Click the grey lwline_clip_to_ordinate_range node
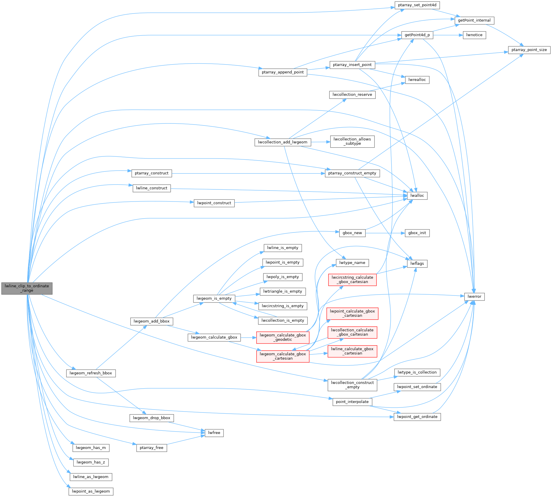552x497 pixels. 27,288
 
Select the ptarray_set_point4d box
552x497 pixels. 417,5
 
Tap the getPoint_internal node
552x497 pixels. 474,20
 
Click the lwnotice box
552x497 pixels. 474,35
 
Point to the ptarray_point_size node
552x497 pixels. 529,50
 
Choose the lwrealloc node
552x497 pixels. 417,80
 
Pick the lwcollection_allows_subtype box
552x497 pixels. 352,141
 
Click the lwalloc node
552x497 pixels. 417,196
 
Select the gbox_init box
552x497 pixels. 417,233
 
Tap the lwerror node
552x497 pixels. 474,297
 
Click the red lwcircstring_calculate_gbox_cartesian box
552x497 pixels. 352,280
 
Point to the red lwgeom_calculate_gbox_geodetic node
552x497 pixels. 282,337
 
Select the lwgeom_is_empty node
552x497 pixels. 214,298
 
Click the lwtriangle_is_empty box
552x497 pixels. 282,291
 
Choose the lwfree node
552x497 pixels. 214,433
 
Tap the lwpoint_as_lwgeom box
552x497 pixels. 91,491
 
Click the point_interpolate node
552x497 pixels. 352,402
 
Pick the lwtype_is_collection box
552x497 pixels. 417,372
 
